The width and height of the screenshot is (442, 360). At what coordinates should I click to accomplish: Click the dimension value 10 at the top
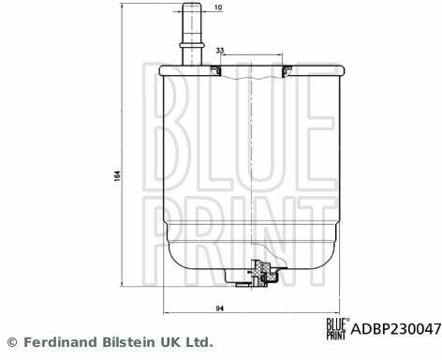click(x=219, y=7)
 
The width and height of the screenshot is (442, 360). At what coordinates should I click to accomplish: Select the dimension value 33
click(x=220, y=50)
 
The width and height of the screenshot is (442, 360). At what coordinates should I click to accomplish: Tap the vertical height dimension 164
click(x=117, y=176)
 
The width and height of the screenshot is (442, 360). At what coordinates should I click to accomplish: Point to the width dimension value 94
click(x=220, y=308)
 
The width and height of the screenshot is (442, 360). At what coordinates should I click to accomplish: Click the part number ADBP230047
click(x=396, y=329)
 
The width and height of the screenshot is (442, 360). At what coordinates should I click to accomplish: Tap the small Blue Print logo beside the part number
click(x=337, y=329)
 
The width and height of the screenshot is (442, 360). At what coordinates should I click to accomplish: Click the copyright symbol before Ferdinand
click(x=12, y=342)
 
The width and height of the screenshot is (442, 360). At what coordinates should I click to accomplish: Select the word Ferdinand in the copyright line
click(x=61, y=342)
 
